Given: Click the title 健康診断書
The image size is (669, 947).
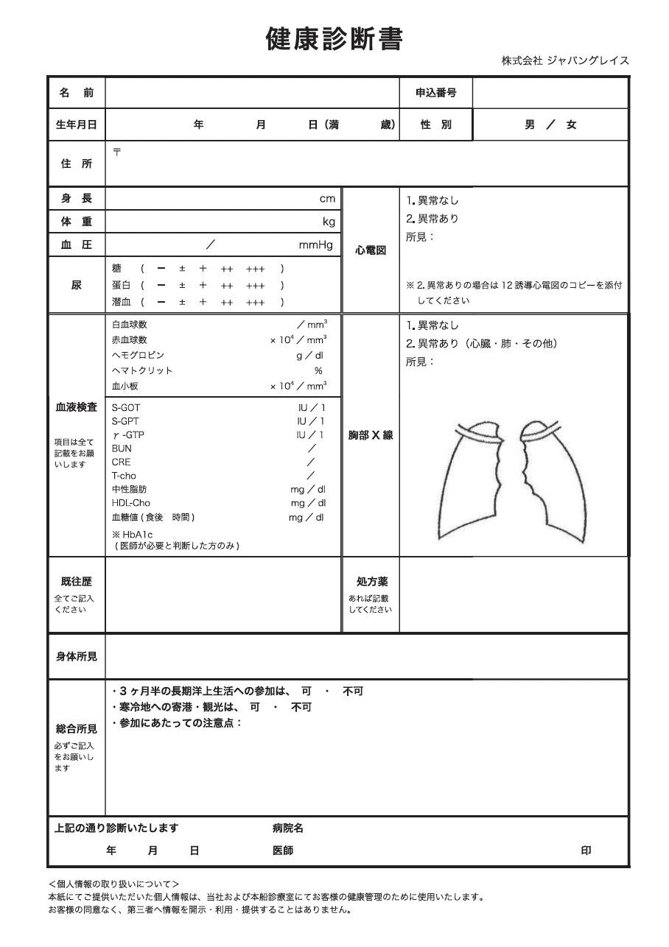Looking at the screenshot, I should pyautogui.click(x=334, y=39).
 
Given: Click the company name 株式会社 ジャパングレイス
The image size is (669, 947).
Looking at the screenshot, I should pyautogui.click(x=565, y=61).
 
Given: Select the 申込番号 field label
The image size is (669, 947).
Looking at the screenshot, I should pyautogui.click(x=435, y=93).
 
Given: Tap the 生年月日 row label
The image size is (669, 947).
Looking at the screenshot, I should pyautogui.click(x=76, y=124).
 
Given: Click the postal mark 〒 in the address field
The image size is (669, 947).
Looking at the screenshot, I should pyautogui.click(x=116, y=152).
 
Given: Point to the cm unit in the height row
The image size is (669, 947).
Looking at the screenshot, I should pyautogui.click(x=326, y=199).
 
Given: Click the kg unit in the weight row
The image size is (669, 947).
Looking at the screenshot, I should pyautogui.click(x=329, y=222).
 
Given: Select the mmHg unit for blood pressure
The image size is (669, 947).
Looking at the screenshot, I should pyautogui.click(x=315, y=244).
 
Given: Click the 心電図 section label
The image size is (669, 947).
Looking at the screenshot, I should pyautogui.click(x=371, y=250).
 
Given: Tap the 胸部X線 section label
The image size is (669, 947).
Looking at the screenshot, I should pyautogui.click(x=371, y=435).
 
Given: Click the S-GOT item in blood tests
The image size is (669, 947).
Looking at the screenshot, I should pyautogui.click(x=125, y=407).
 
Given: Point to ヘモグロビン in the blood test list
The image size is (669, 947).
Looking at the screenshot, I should pyautogui.click(x=138, y=355).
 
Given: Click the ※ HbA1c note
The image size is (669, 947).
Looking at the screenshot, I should pyautogui.click(x=132, y=534).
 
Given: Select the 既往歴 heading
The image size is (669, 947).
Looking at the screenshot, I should pyautogui.click(x=76, y=582).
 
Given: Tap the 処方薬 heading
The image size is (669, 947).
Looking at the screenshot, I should pyautogui.click(x=371, y=582).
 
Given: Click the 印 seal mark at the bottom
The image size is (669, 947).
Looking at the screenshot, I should pyautogui.click(x=586, y=851).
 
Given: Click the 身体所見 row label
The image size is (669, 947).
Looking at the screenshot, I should pyautogui.click(x=76, y=655).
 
